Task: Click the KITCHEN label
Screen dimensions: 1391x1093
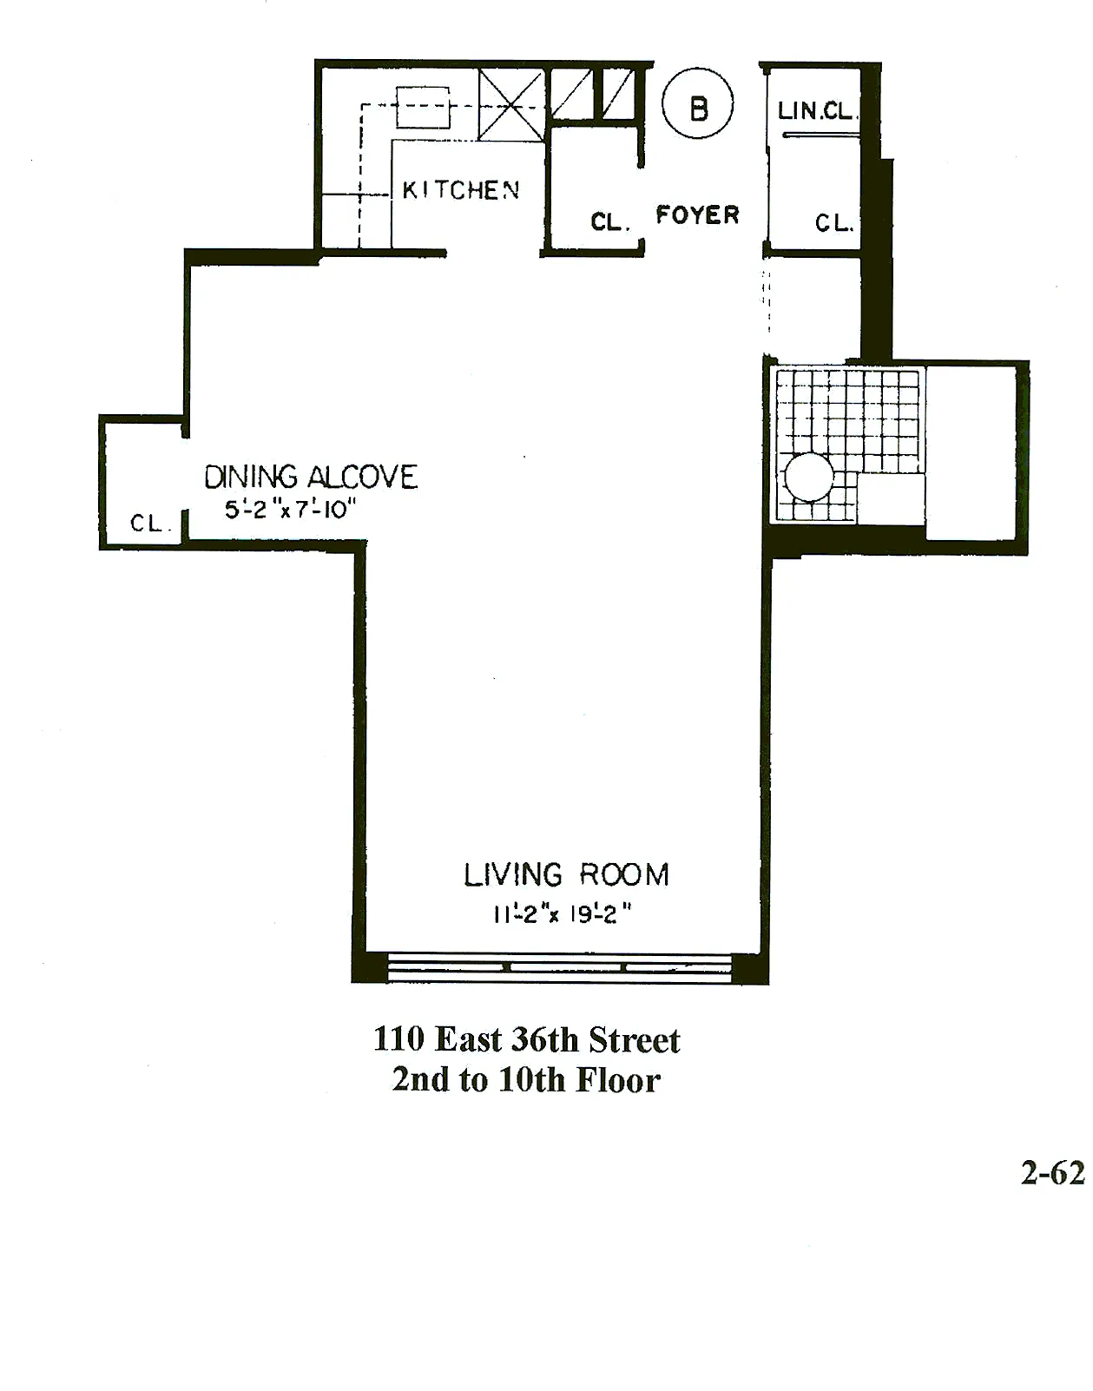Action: coord(460,190)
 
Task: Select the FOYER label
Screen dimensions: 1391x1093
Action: coord(697,214)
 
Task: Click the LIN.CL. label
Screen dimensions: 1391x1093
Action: coord(816,111)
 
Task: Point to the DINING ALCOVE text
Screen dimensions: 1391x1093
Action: coord(311,477)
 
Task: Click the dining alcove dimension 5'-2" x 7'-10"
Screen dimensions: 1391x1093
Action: coord(291,510)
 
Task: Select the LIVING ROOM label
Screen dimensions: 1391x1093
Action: coord(566,874)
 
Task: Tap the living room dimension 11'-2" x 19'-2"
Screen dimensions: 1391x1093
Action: coord(562,914)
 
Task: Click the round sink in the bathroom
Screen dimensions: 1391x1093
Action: coord(809,477)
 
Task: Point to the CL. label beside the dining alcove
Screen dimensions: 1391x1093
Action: coord(148,524)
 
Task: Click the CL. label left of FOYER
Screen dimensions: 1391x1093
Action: coord(609,222)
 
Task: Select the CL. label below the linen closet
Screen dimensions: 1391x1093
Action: coord(834,223)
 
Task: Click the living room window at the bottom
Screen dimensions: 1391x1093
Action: coord(560,966)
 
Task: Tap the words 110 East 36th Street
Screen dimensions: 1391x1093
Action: coord(526,1039)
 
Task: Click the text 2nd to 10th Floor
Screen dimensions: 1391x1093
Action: coord(526,1080)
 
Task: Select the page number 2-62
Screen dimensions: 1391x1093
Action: coord(1052,1173)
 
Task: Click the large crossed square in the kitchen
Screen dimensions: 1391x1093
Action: coord(510,105)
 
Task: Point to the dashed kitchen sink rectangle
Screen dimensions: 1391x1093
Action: coord(423,108)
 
